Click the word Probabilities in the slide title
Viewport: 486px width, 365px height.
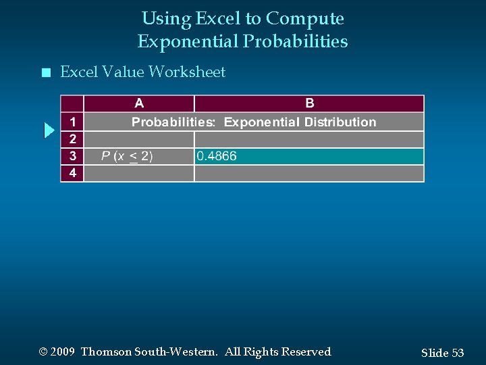[296, 42]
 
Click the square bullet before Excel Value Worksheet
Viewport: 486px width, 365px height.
[45, 72]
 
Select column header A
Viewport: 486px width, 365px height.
[139, 103]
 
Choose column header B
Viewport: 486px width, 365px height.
[309, 103]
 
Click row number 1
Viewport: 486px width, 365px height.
[72, 122]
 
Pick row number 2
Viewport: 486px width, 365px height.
[72, 139]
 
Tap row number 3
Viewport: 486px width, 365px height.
[72, 156]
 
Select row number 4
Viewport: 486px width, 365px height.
[72, 173]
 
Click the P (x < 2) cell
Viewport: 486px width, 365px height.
[127, 156]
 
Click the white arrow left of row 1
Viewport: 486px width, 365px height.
[49, 130]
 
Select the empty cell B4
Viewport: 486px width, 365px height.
[309, 173]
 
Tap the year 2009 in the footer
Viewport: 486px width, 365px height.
[62, 352]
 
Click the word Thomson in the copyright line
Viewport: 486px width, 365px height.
[105, 352]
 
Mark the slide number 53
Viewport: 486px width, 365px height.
[458, 353]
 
